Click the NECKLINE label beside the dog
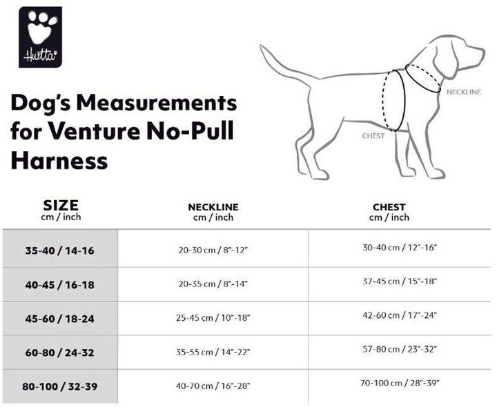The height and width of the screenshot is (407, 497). [x=463, y=92]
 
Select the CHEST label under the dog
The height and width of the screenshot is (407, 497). [x=373, y=136]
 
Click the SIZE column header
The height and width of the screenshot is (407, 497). [x=61, y=206]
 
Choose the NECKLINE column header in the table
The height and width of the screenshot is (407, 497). [x=213, y=207]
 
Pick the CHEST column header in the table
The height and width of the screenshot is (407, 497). [x=389, y=207]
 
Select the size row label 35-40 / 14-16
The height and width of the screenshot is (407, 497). [x=59, y=250]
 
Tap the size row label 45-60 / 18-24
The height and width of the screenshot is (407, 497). [x=59, y=318]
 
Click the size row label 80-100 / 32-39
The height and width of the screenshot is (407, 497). [x=59, y=386]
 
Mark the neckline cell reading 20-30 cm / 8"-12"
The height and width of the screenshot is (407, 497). [x=213, y=250]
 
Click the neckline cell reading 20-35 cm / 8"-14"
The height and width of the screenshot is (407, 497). [x=213, y=284]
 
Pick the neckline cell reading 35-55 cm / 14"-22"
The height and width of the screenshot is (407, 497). [x=213, y=352]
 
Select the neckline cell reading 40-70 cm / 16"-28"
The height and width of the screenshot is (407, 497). [x=213, y=386]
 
